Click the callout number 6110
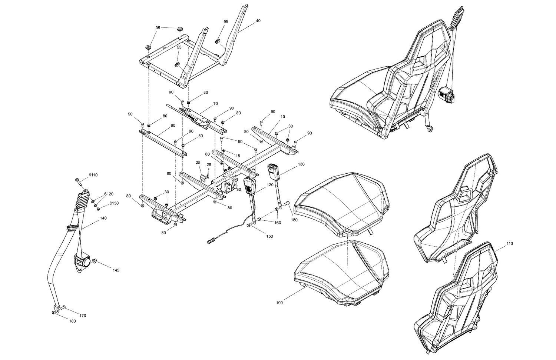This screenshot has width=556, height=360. [x=93, y=174]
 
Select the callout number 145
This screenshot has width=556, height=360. [x=116, y=270]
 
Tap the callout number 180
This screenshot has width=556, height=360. [x=73, y=321]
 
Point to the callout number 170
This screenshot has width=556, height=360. [x=83, y=316]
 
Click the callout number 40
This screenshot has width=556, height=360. [x=258, y=21]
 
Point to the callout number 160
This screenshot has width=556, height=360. [x=277, y=223]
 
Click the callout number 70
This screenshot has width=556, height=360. [x=215, y=104]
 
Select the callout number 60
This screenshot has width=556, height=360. [x=173, y=125]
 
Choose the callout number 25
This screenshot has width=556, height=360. [x=198, y=163]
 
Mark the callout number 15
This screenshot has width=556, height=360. [x=238, y=156]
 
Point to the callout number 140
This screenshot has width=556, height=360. [x=103, y=218]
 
